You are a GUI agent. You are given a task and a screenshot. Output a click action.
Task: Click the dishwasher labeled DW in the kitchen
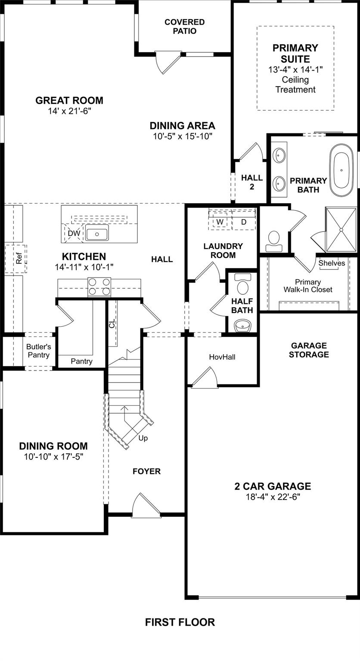coord(74,233)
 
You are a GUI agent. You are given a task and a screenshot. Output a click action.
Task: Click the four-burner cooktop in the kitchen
coord(99,287)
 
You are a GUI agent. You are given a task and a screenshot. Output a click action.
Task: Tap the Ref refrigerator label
coord(19,259)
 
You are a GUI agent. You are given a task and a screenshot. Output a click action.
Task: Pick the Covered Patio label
coord(184,26)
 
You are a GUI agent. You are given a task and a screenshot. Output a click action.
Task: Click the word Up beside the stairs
coord(143,438)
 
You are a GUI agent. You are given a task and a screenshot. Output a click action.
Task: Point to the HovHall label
coord(222,357)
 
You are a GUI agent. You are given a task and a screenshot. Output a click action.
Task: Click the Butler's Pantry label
coord(38,351)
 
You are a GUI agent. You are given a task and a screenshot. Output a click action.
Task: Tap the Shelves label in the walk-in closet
coord(332,263)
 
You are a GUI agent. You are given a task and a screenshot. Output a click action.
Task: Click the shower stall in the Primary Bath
coord(341,229)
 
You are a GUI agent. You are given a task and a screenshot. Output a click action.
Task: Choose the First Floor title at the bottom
coord(180,622)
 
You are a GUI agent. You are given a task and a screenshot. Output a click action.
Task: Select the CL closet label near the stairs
coord(112,323)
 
